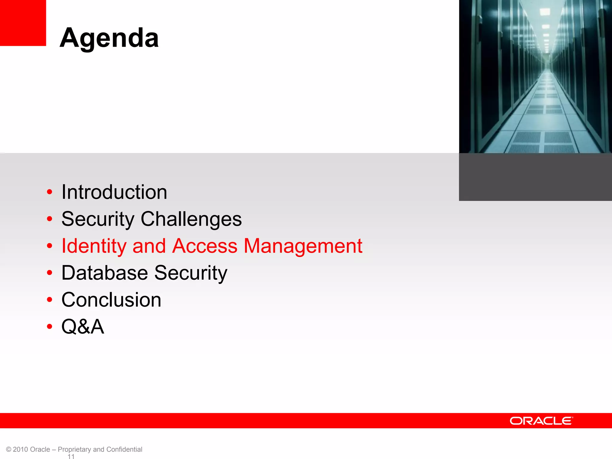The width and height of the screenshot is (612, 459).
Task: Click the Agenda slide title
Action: pos(109,38)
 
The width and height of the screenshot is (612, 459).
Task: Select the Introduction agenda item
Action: pos(114,192)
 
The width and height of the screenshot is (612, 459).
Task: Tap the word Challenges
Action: pos(191,219)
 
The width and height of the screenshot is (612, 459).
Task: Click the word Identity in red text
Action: pos(94,246)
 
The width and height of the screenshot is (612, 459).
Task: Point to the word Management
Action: pos(303,246)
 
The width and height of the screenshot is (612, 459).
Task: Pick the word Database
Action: pos(105,273)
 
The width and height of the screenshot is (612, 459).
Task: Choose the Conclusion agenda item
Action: pos(111,300)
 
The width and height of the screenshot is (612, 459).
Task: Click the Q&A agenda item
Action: pos(83,326)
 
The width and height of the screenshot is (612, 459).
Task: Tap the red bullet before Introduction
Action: pos(50,192)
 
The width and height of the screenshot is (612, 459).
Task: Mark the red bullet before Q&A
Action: pos(50,326)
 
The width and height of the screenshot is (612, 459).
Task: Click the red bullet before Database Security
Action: pos(50,273)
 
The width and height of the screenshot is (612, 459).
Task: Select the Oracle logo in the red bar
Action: pos(541,421)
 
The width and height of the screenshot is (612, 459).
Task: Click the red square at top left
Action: pos(23,23)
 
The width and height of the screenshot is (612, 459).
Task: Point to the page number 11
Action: pos(71,456)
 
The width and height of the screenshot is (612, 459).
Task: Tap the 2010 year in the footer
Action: pos(21,449)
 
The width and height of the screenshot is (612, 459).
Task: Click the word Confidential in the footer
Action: pos(124,449)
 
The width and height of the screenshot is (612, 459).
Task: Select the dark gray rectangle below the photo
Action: pos(535,177)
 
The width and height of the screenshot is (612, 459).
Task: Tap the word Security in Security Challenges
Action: pos(98,219)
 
